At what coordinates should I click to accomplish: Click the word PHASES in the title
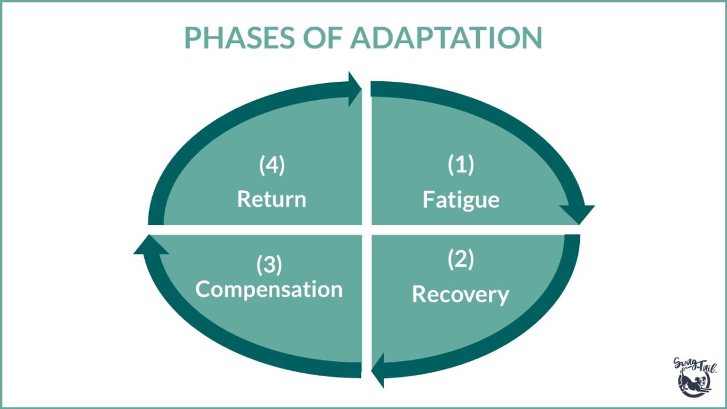tap(239, 38)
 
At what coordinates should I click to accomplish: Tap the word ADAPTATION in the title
tap(446, 38)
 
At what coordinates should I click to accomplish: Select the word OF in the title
tap(322, 38)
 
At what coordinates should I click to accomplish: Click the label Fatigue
tap(461, 200)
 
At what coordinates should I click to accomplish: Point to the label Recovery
tap(460, 294)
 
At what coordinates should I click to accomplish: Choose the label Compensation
tap(269, 289)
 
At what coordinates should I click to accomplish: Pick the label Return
tap(271, 199)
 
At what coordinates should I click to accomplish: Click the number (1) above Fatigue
tap(461, 165)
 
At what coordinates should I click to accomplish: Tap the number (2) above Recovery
tap(461, 259)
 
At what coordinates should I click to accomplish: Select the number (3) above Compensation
tap(270, 265)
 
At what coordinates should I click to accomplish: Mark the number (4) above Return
tap(272, 165)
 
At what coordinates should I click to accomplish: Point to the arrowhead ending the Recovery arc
tap(378, 370)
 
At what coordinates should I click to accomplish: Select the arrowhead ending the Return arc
tap(355, 89)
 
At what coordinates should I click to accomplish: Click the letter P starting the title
tap(191, 38)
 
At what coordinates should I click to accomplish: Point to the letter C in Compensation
tap(202, 288)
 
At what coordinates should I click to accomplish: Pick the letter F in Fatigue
tap(428, 199)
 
